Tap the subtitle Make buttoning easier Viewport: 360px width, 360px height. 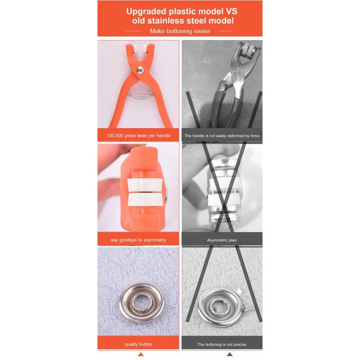179,31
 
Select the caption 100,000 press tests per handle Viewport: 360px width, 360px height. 138,136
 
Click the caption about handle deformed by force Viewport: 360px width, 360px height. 222,136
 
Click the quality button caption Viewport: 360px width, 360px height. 138,344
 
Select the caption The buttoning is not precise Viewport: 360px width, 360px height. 222,344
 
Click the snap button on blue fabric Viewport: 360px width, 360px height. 139,302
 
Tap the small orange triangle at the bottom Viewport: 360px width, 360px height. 141,354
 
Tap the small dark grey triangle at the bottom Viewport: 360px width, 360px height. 229,354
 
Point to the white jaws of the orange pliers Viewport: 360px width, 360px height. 133,48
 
